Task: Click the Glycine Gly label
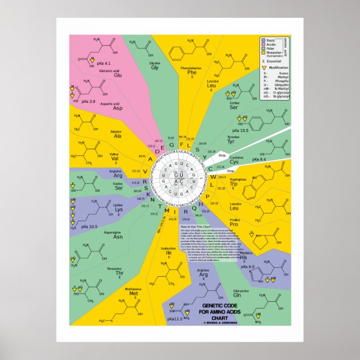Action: (155, 66)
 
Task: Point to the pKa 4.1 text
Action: (104, 64)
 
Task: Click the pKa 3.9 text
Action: (88, 101)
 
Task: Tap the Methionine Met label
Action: (133, 292)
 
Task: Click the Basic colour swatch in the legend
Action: (263, 40)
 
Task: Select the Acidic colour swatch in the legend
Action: (263, 44)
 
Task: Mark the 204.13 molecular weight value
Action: (222, 177)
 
